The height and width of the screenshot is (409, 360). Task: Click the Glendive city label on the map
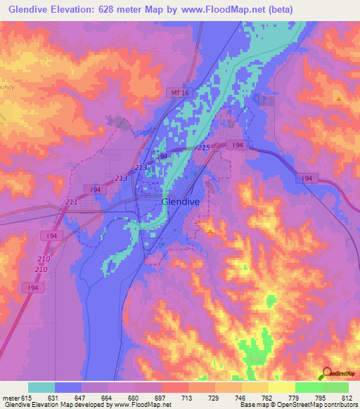[181, 202]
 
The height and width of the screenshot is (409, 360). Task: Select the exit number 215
[204, 147]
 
